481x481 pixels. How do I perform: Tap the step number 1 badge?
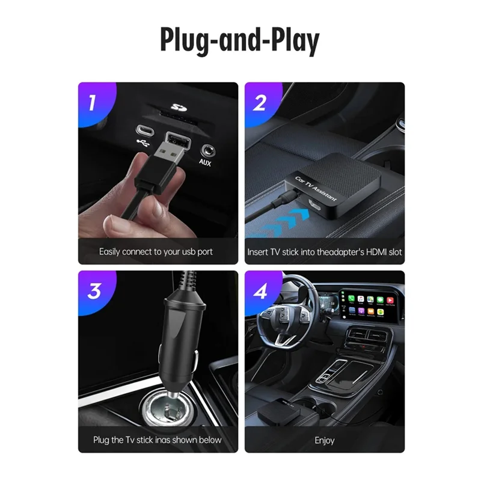point(93,103)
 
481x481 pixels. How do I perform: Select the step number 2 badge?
point(259,103)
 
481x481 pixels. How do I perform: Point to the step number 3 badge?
point(94,292)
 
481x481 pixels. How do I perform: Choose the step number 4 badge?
point(259,292)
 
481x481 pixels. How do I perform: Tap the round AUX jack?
point(207,147)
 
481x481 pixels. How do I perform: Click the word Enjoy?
point(325,440)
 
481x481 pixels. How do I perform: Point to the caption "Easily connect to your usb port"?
point(156,251)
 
